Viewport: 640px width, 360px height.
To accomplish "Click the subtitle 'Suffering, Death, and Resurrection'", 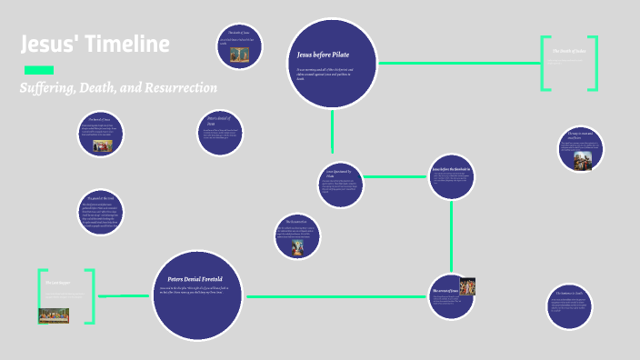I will [118, 88].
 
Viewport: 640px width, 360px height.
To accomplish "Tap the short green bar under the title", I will [38, 70].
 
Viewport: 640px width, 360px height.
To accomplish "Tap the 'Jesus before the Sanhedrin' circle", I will [452, 177].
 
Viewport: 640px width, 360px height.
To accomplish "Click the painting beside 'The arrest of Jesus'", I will [467, 287].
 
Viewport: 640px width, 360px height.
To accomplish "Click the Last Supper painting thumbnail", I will [54, 315].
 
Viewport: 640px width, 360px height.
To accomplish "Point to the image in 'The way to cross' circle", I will [582, 160].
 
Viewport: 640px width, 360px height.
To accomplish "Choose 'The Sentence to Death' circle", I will [571, 306].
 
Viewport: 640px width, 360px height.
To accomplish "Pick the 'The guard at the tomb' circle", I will [102, 215].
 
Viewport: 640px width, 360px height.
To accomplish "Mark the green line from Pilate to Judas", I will [459, 63].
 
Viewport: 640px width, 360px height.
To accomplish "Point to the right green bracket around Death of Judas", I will [595, 63].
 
